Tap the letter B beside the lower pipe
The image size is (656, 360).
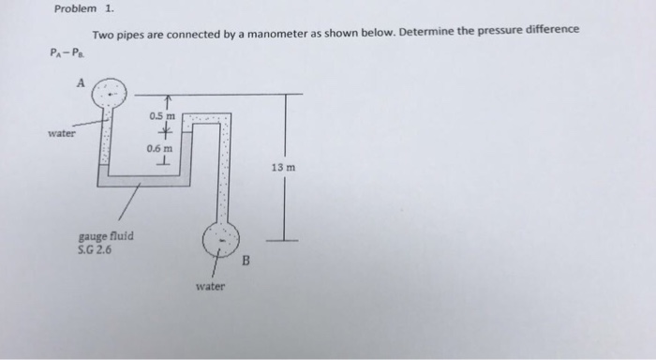(248, 262)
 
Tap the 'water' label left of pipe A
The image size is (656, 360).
(63, 132)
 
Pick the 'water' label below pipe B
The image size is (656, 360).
(210, 285)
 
